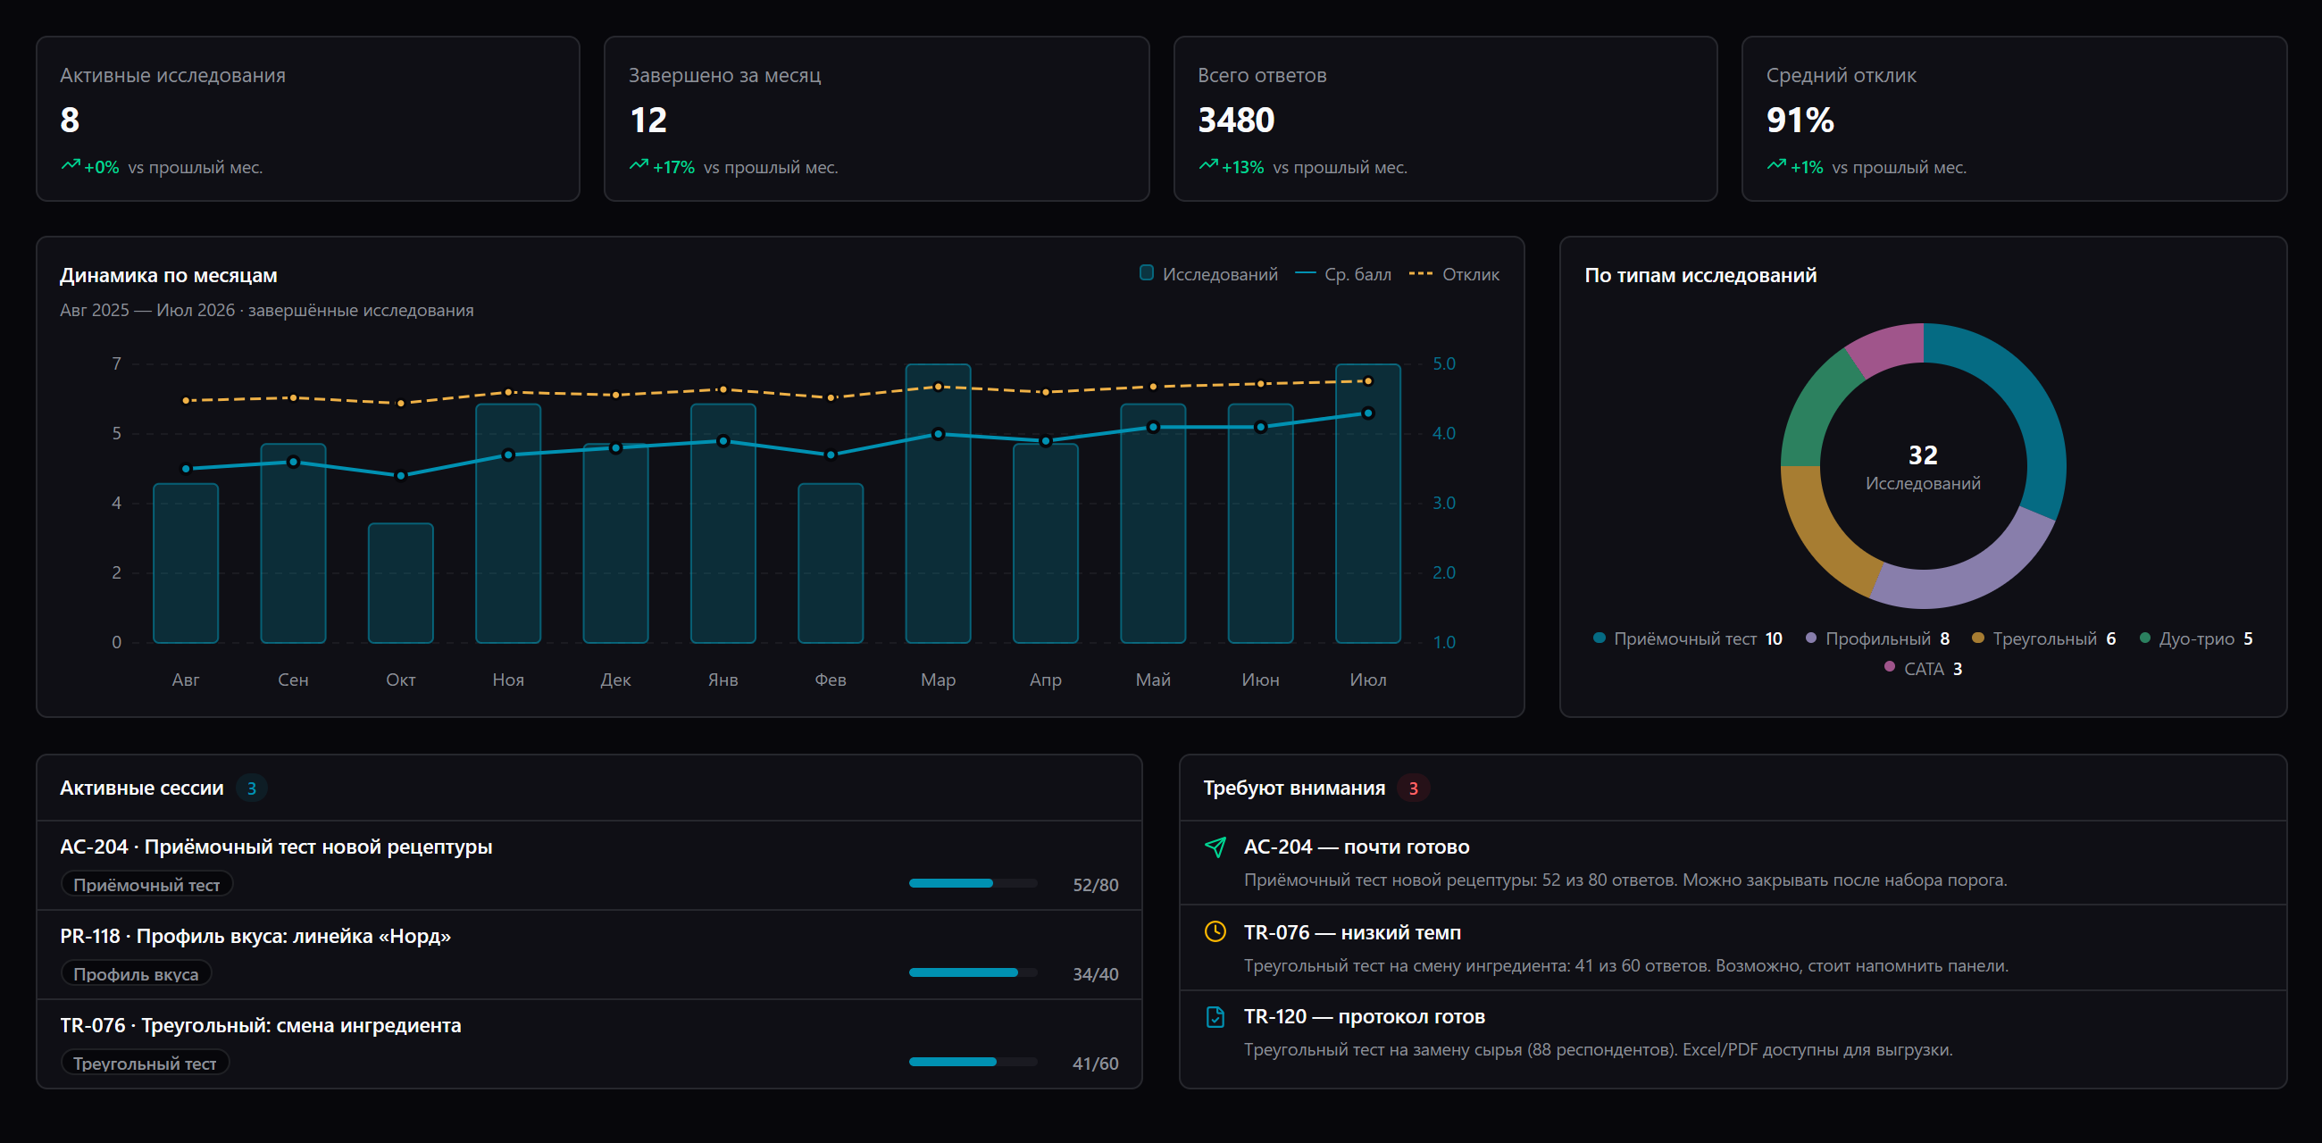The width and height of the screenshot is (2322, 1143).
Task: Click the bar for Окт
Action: (x=400, y=582)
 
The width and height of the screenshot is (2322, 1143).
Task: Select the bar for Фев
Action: (x=831, y=563)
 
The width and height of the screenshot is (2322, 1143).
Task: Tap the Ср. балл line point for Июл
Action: (x=1367, y=413)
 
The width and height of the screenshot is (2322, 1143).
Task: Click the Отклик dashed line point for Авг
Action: (x=186, y=400)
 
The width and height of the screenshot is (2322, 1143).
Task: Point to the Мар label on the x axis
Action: (x=938, y=680)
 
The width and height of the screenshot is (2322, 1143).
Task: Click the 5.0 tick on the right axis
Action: (x=1444, y=363)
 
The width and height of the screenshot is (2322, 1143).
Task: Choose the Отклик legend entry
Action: (x=1454, y=274)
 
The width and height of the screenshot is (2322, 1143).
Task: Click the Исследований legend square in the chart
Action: (x=1146, y=273)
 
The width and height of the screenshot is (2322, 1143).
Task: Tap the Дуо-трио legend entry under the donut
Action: (x=2196, y=638)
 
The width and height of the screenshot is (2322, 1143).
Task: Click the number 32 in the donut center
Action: (x=1923, y=455)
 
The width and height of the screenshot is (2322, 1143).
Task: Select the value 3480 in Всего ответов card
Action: (x=1236, y=120)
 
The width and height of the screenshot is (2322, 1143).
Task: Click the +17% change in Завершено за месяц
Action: (x=673, y=167)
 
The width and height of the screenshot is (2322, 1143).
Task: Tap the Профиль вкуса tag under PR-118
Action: (x=136, y=973)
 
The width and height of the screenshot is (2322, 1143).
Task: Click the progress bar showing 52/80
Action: (x=973, y=883)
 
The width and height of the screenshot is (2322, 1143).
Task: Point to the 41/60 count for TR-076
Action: (x=1095, y=1063)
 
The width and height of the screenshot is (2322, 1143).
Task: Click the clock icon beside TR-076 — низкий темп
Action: (x=1215, y=931)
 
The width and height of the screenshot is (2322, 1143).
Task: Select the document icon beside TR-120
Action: (x=1215, y=1017)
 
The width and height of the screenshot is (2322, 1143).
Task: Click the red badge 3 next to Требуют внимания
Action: (x=1413, y=788)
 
